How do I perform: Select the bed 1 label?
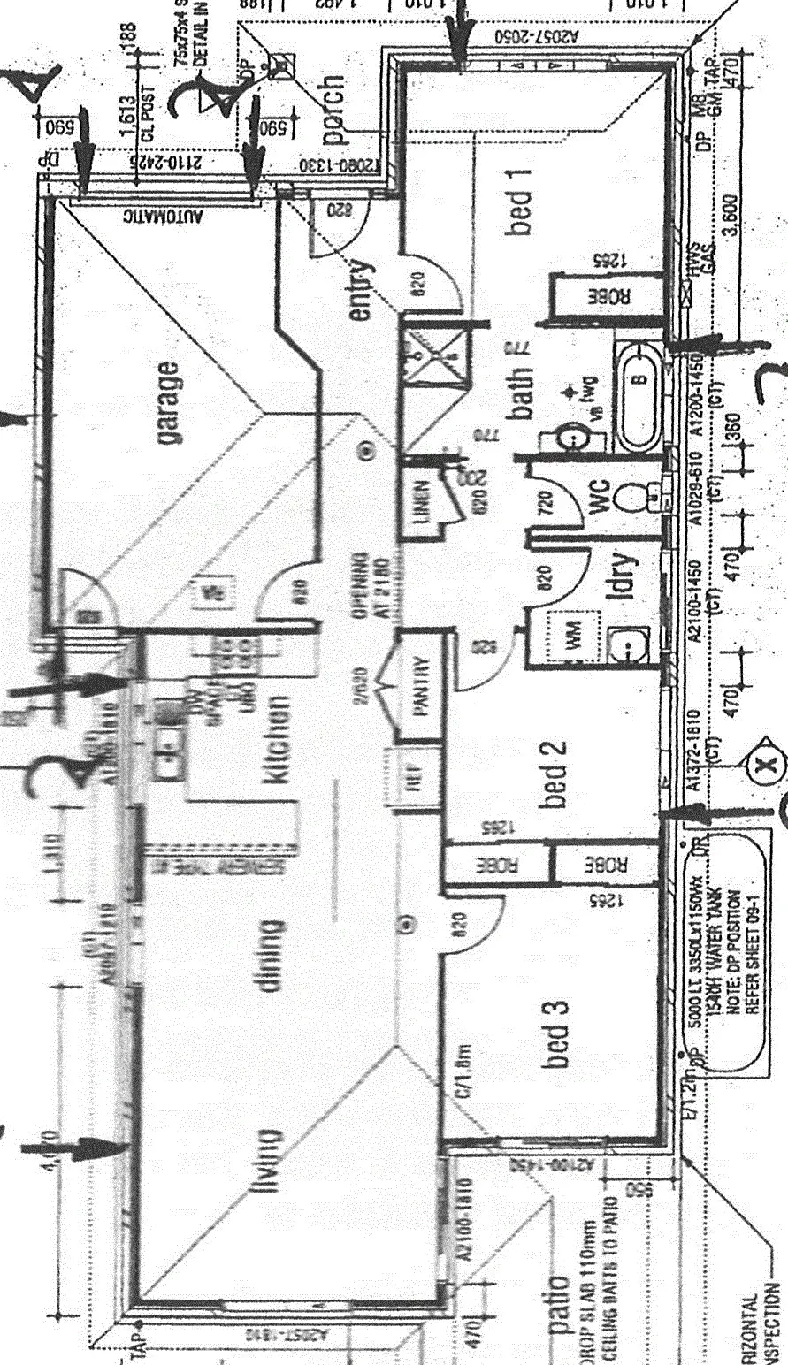(x=521, y=202)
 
